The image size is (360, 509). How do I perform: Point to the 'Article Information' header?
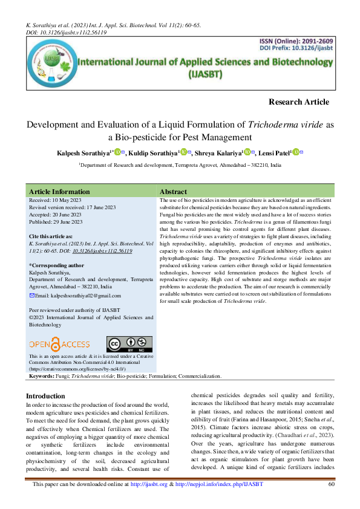[59, 191]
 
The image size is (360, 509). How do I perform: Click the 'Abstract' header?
[172, 191]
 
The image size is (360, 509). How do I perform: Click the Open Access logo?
[59, 344]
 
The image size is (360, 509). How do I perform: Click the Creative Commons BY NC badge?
[129, 344]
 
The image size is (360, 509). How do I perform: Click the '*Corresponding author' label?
[56, 265]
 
